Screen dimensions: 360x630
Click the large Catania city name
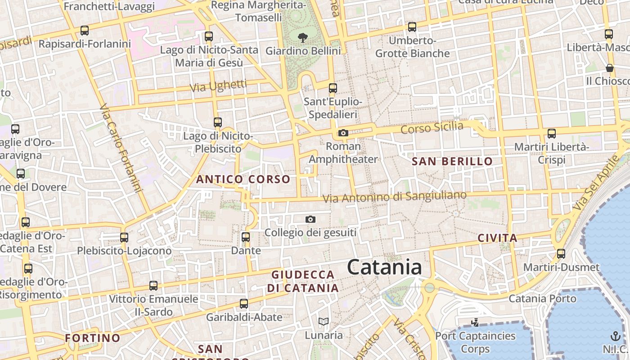point(384,267)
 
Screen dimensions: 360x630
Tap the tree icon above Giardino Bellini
point(303,38)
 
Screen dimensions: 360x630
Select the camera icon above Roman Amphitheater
point(343,133)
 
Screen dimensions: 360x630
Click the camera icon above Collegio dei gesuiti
point(310,220)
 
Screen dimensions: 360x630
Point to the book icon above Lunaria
point(324,321)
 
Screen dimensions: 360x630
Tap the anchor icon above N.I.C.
point(615,336)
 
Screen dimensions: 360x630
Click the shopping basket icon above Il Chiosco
point(610,68)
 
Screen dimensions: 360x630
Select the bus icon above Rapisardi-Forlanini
point(85,31)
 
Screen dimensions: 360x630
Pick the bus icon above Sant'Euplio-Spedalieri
point(333,88)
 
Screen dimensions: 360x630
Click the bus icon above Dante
point(246,237)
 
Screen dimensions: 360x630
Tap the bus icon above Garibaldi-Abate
point(244,304)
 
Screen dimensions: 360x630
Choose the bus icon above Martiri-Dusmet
point(561,254)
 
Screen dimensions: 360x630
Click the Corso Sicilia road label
point(432,128)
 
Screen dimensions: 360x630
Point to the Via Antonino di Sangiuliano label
point(395,197)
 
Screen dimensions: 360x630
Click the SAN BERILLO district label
point(452,162)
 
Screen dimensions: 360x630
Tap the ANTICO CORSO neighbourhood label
point(243,180)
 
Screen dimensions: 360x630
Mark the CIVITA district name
point(497,238)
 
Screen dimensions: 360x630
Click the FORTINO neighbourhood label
point(92,338)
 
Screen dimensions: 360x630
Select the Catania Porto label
point(542,299)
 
